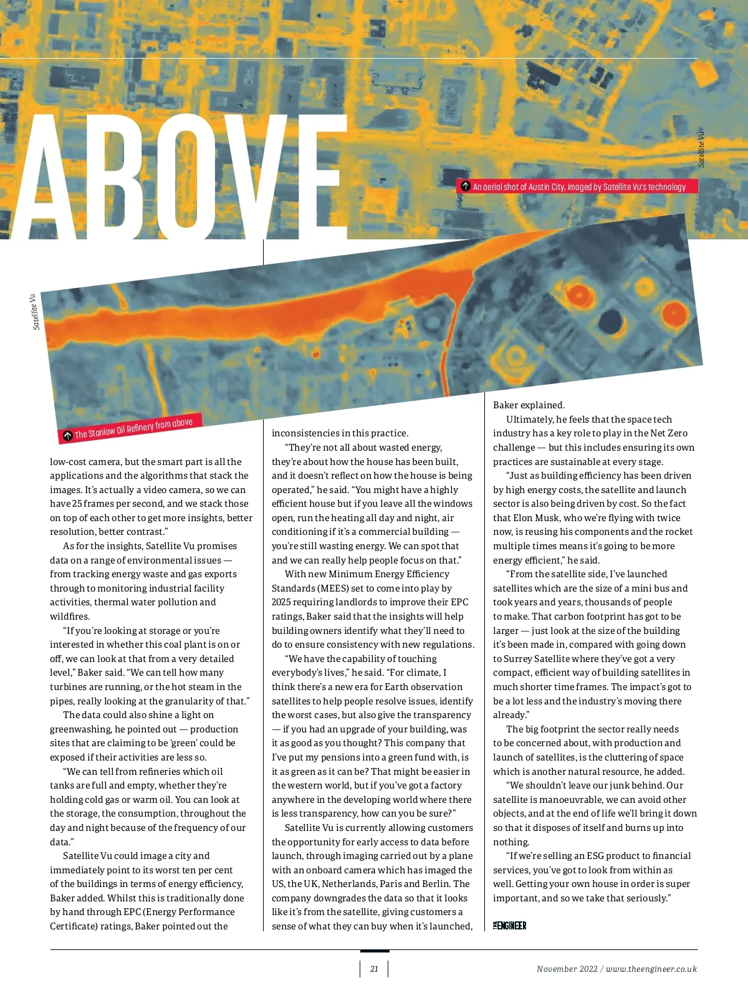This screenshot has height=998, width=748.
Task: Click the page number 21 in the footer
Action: tap(374, 969)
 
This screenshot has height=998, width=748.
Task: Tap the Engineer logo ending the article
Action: tap(510, 926)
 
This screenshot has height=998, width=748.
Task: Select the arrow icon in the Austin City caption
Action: tap(465, 186)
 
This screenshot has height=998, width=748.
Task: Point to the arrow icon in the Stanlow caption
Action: tap(67, 435)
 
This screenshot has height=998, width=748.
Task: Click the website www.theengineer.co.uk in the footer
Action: tap(651, 969)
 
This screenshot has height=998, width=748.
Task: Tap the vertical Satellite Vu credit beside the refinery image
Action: tap(36, 312)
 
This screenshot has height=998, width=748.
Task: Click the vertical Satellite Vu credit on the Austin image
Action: tap(701, 148)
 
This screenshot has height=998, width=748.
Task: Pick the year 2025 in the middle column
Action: tap(282, 602)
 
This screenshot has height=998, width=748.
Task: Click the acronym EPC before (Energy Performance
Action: tap(132, 912)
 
